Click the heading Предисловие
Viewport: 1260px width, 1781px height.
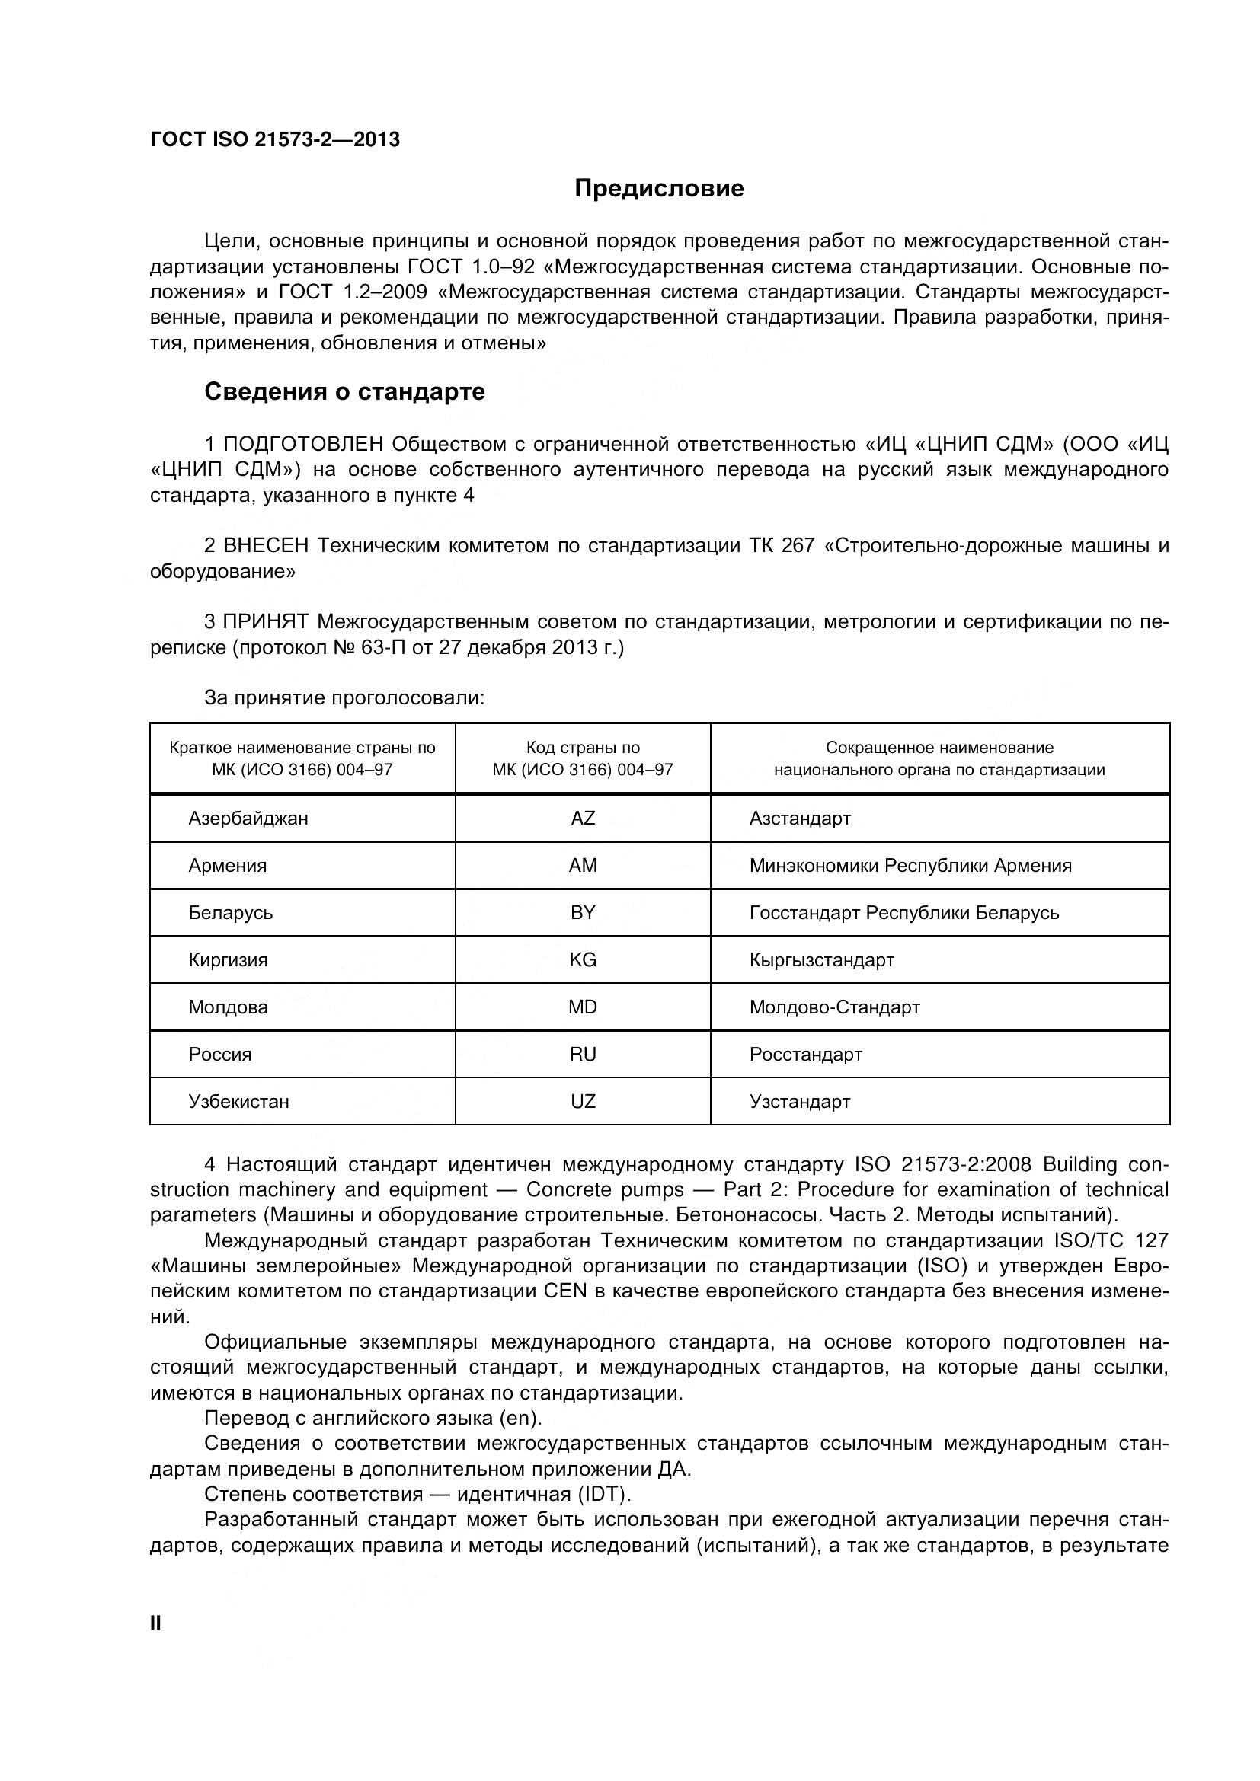coord(659,189)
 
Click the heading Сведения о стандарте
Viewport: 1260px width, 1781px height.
coord(344,391)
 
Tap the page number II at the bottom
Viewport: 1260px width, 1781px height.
coord(155,1623)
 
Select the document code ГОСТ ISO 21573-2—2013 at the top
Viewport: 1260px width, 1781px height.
coord(275,139)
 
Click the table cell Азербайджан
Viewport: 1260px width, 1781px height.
coord(248,819)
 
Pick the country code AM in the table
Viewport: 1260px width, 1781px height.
coord(583,866)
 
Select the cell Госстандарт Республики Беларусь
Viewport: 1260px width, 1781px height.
coord(903,913)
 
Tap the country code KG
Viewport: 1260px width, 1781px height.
coord(583,960)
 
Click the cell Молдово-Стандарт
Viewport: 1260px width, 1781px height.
coord(834,1007)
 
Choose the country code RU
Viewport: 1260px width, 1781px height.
coord(583,1055)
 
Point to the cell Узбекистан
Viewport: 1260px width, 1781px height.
coord(239,1103)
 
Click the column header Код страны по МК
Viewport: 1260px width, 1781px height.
coord(583,758)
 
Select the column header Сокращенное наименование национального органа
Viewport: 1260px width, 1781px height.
coord(939,758)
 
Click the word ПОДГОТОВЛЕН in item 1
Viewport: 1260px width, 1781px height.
coord(303,445)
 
